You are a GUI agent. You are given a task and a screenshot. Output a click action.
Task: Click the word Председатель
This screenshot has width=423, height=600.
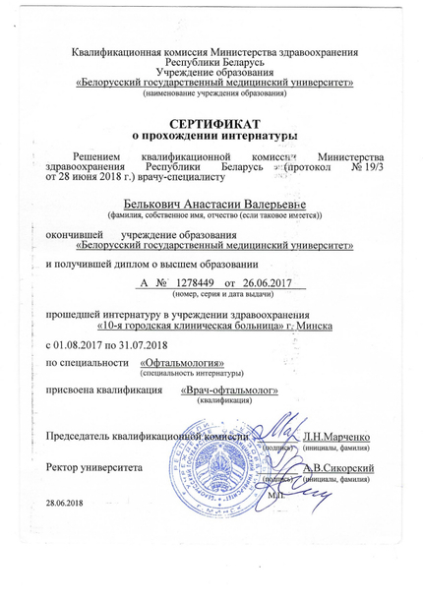click(90, 435)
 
